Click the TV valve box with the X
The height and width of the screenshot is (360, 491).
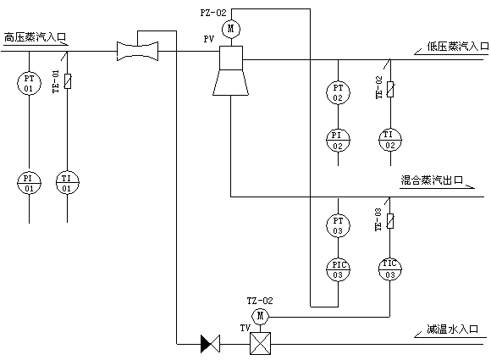[260, 343]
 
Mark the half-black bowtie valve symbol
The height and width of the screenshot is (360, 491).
[211, 344]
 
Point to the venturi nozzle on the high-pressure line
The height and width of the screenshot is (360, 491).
[137, 51]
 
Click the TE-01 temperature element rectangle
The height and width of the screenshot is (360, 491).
[68, 81]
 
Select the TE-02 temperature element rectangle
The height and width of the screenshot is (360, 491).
[390, 89]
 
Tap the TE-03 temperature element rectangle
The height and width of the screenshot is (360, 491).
[390, 221]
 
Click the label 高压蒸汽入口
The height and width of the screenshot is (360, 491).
[35, 37]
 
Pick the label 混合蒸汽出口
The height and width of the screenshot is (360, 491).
[432, 180]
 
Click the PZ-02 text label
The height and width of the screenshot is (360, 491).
[213, 13]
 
